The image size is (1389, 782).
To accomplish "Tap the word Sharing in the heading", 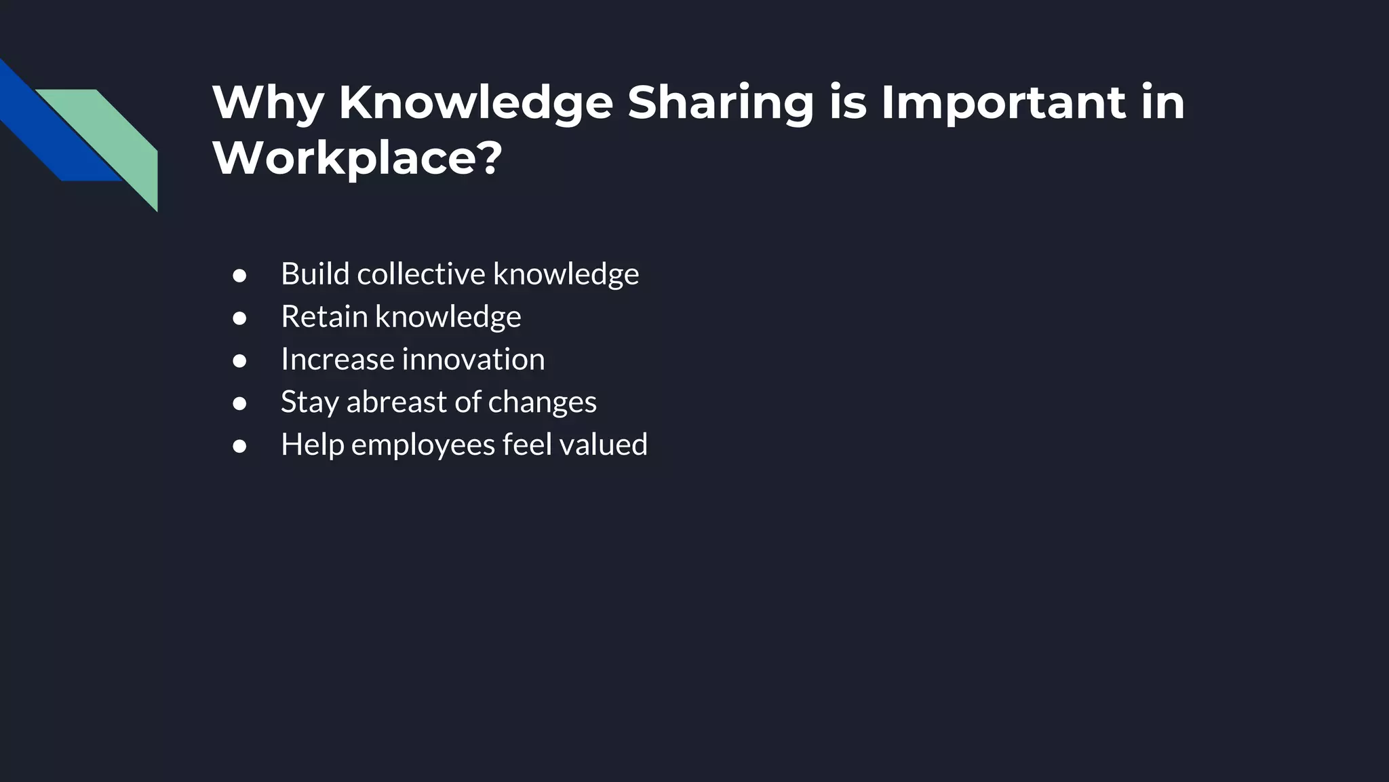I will (720, 104).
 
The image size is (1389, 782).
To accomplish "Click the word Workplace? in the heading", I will (357, 158).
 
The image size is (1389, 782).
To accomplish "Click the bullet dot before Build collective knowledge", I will (239, 276).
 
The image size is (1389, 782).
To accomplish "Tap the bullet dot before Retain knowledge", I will (239, 318).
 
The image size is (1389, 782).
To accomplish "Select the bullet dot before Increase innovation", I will (239, 361).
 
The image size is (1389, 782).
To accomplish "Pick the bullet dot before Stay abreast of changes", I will (239, 404).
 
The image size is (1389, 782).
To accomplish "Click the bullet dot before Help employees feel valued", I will (239, 447).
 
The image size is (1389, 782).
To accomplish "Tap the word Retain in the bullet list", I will (324, 316).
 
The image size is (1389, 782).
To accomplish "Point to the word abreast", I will (397, 402).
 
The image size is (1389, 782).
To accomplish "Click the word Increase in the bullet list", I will (338, 359).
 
